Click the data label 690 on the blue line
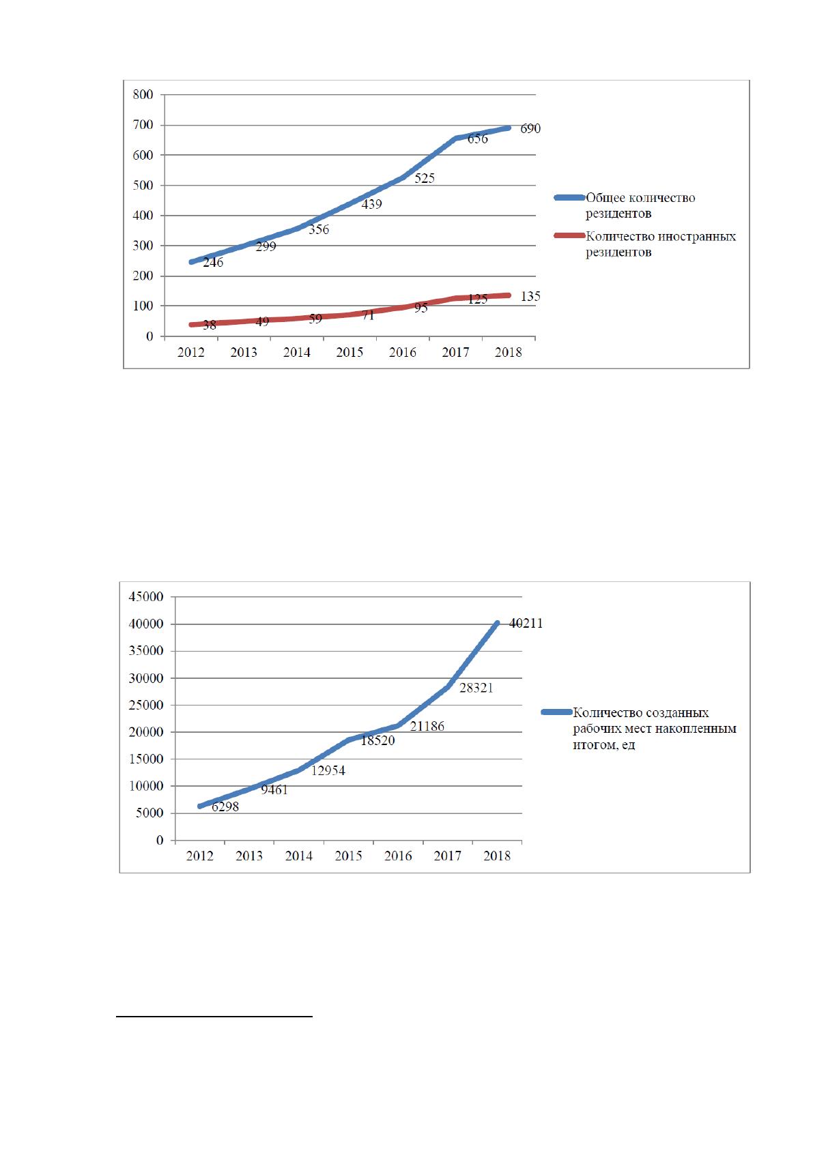(x=530, y=128)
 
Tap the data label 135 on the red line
(x=530, y=297)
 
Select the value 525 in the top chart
(x=425, y=178)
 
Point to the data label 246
(x=213, y=262)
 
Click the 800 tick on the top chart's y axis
(x=143, y=94)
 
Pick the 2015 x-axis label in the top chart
(x=350, y=352)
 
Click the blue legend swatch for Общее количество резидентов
(x=569, y=197)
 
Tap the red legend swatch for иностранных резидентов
(x=569, y=236)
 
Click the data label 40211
(x=526, y=623)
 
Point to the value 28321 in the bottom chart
(x=476, y=688)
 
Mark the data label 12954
(x=328, y=770)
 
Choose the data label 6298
(x=225, y=807)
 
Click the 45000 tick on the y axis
(x=146, y=597)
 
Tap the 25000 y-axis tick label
(x=146, y=706)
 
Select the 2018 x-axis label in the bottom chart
(x=497, y=856)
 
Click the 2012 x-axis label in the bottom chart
(x=199, y=856)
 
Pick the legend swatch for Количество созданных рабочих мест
(x=556, y=712)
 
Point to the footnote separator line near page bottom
(x=214, y=1016)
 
